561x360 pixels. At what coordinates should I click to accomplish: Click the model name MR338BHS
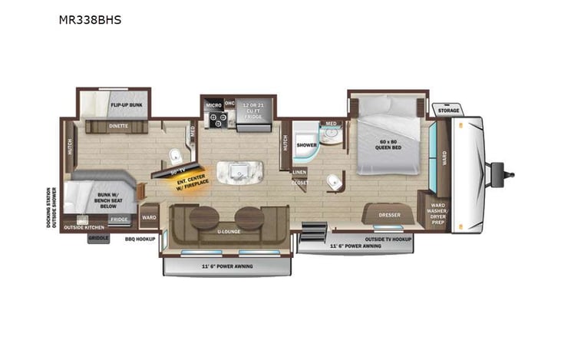[90, 20]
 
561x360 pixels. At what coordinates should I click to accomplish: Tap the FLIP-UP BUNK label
[126, 104]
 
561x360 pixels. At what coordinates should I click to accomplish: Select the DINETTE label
[118, 124]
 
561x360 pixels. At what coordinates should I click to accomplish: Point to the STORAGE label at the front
[448, 111]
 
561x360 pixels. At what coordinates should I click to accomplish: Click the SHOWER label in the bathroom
[307, 144]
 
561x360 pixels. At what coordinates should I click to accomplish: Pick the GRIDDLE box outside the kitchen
[98, 239]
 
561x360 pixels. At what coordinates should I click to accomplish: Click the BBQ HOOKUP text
[140, 239]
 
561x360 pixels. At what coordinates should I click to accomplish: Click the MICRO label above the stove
[213, 104]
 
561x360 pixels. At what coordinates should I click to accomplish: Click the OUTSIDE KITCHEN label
[84, 227]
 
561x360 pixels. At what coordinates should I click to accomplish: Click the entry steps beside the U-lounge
[312, 230]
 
